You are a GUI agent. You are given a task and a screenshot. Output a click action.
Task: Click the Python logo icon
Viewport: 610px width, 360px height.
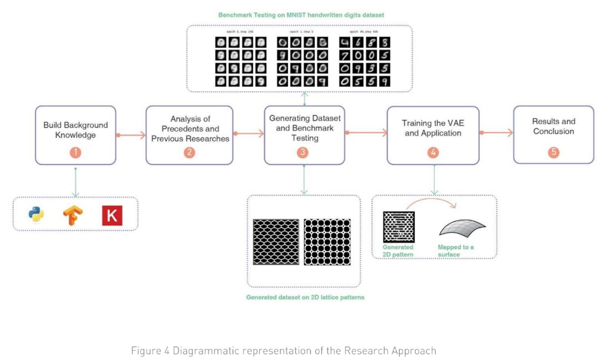tap(37, 215)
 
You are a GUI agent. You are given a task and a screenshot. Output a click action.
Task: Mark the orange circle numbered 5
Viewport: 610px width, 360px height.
tap(553, 152)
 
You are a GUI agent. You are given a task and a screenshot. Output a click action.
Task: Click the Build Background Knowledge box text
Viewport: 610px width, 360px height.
tap(75, 130)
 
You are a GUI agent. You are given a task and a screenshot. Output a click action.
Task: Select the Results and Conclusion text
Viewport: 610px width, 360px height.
tap(553, 126)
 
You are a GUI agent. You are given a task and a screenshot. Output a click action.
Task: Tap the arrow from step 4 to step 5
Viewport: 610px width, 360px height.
tap(496, 133)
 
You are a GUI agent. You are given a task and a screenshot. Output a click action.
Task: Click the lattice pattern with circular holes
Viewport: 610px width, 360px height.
tap(327, 242)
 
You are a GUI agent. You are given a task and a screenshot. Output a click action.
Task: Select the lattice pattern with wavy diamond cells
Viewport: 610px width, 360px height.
tap(276, 242)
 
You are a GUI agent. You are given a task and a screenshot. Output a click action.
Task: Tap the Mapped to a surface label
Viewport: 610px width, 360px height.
tap(456, 251)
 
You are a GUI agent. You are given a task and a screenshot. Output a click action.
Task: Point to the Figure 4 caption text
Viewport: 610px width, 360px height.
tap(283, 351)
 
